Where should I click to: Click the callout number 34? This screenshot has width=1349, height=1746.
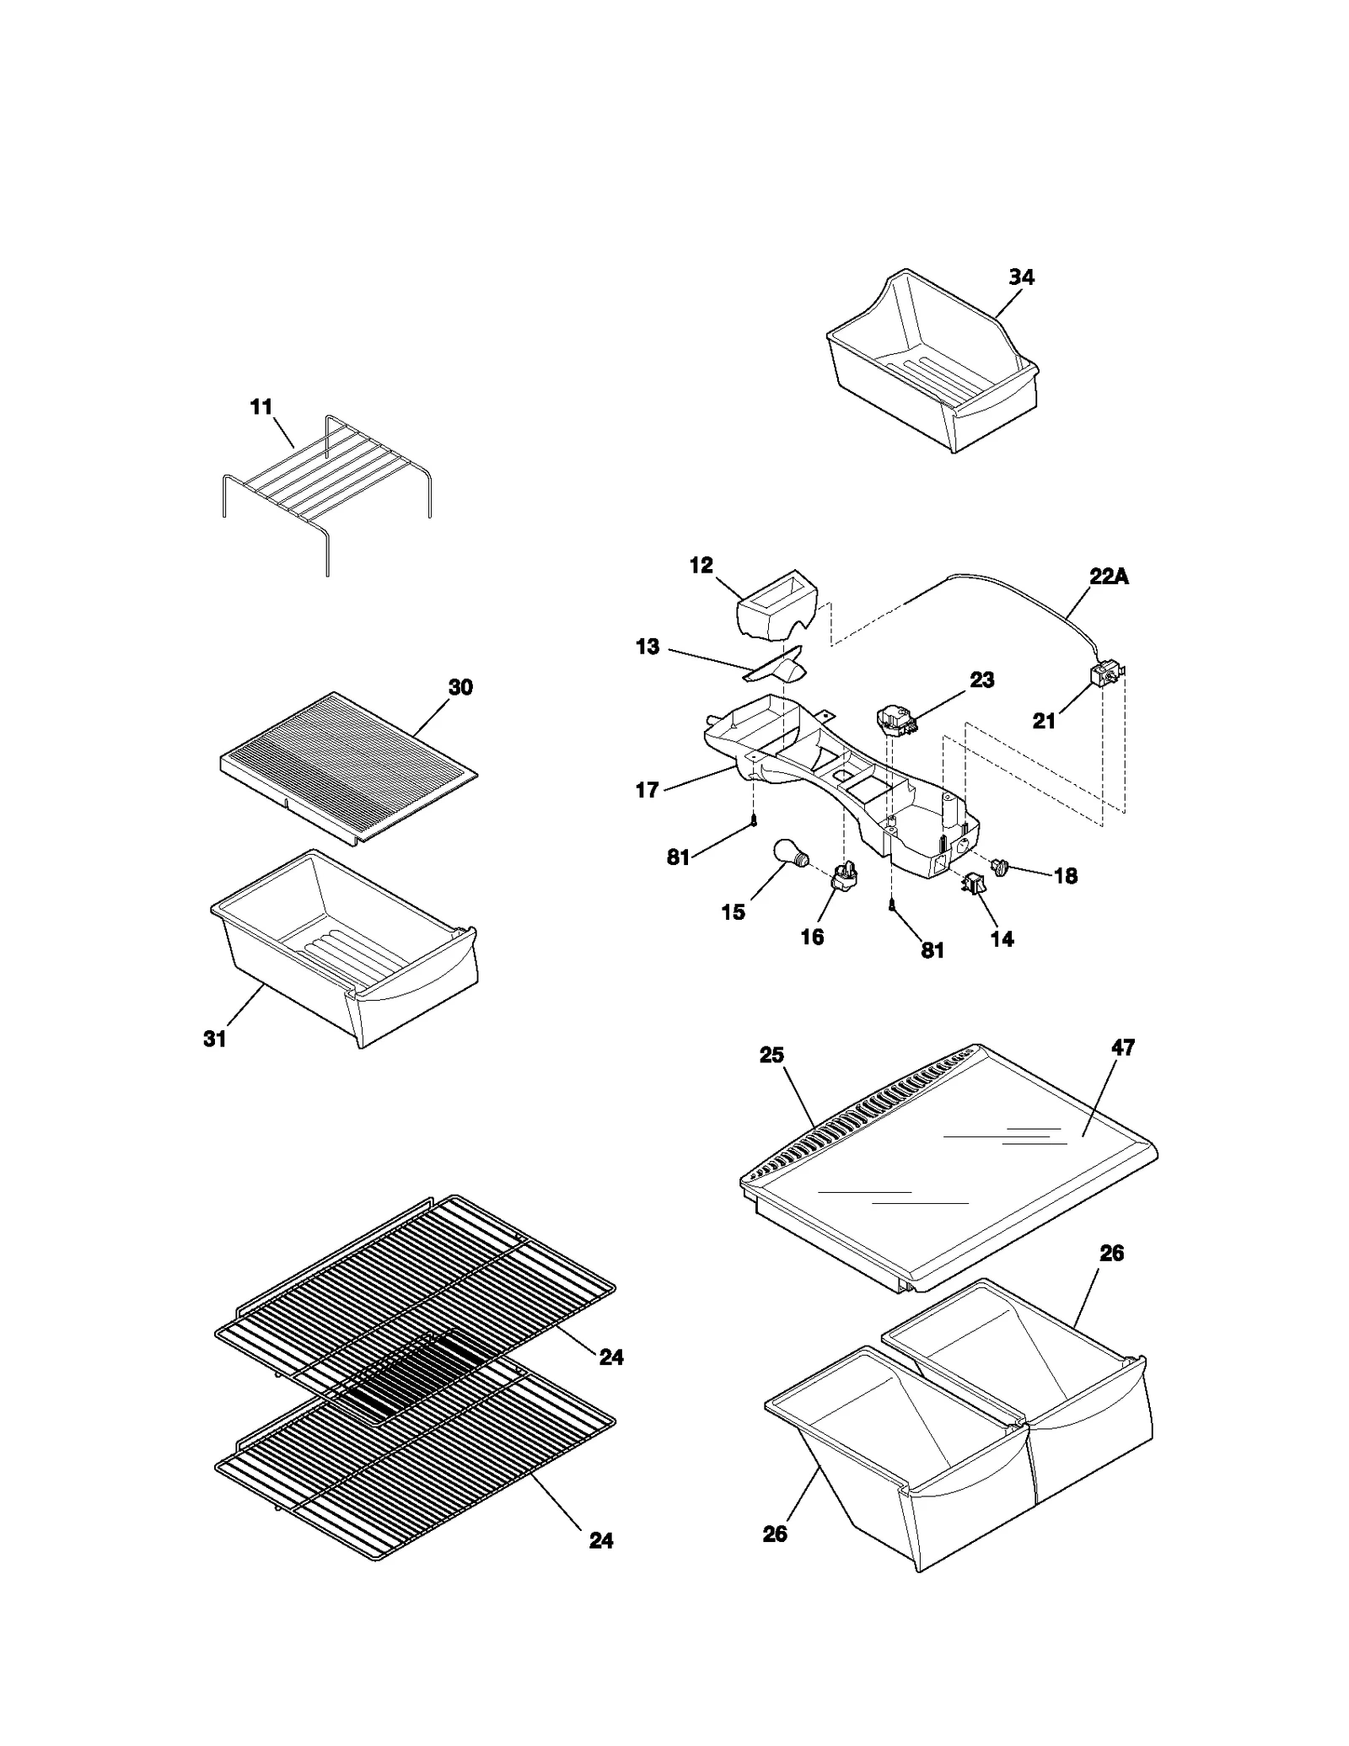(x=1021, y=277)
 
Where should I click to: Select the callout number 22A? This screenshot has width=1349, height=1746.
(x=1109, y=578)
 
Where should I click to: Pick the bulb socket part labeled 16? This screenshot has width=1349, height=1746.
(x=844, y=877)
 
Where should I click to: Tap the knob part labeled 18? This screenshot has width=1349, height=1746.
(x=1001, y=866)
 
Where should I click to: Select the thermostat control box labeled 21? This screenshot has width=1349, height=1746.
(x=1104, y=674)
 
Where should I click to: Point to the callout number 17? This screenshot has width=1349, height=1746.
(x=647, y=791)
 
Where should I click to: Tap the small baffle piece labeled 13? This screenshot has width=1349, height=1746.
(x=780, y=666)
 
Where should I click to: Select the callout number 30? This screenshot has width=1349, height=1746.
(x=460, y=687)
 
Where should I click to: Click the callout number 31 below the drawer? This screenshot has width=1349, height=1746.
(x=215, y=1040)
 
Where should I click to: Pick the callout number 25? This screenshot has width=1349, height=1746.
(x=771, y=1056)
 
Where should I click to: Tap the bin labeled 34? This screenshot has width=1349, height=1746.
(x=932, y=363)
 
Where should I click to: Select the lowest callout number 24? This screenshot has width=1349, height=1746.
(x=600, y=1540)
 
